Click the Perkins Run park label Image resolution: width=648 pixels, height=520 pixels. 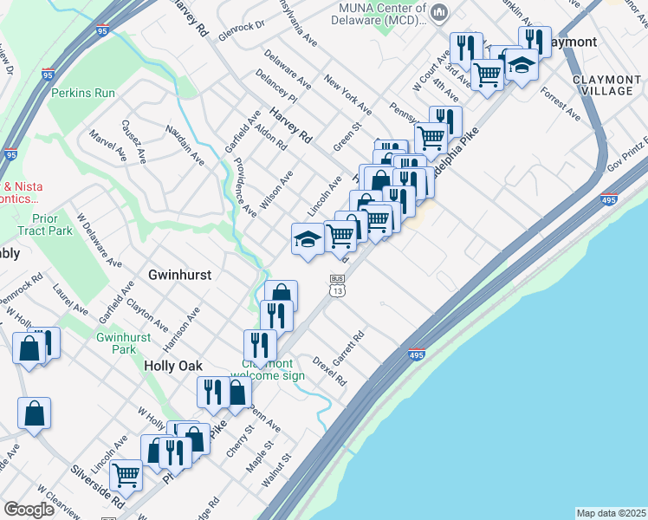click(x=82, y=93)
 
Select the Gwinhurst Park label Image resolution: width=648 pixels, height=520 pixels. click(x=117, y=343)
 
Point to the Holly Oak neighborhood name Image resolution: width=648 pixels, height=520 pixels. click(x=172, y=367)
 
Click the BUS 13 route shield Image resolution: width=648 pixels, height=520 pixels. click(x=338, y=285)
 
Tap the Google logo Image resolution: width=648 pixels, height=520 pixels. click(x=29, y=510)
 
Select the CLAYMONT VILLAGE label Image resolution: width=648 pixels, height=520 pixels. click(x=606, y=85)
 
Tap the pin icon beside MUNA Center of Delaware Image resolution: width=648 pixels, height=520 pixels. click(x=439, y=12)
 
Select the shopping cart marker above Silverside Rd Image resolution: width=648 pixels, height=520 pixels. click(x=126, y=475)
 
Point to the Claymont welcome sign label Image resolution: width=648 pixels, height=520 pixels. click(x=274, y=370)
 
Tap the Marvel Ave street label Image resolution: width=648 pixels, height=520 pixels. click(x=107, y=147)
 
